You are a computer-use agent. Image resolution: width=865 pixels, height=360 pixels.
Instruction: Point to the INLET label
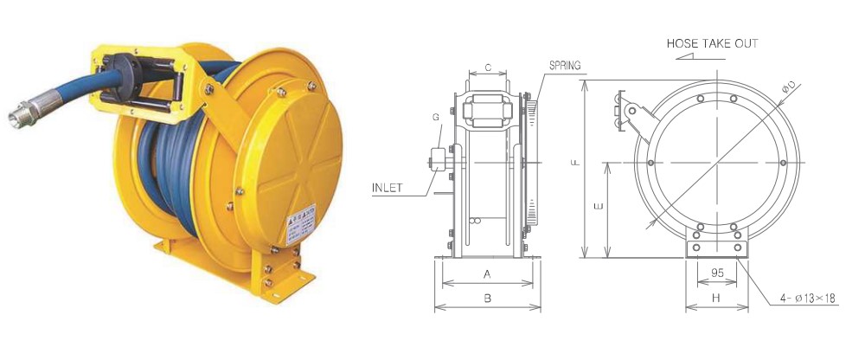(392, 186)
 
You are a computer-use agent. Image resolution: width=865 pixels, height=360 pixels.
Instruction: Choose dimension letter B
(488, 298)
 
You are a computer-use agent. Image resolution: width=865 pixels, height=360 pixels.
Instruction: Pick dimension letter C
(488, 67)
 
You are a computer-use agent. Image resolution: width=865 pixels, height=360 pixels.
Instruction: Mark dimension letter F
(575, 162)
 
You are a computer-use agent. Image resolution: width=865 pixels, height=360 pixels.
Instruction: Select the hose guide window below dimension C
(488, 111)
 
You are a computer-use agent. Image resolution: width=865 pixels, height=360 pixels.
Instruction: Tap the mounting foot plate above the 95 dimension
(716, 248)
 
